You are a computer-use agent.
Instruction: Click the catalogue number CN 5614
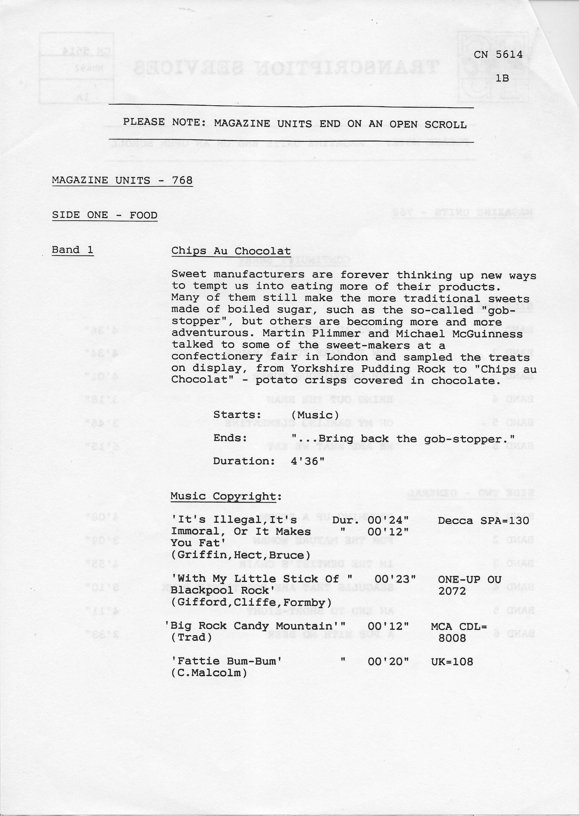pos(498,55)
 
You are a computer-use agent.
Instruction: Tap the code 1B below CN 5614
pos(503,78)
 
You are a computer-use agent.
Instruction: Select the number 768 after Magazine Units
pos(182,180)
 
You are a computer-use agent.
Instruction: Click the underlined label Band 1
pos(73,250)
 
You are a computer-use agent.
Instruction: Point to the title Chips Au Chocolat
pos(231,251)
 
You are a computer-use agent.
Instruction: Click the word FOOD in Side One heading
pos(144,215)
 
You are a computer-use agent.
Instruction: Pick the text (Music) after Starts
pos(315,415)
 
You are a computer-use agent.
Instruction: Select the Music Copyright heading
pos(224,496)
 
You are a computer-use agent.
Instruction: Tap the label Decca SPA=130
pos(483,521)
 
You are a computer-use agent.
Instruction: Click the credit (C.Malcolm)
pos(209,673)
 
